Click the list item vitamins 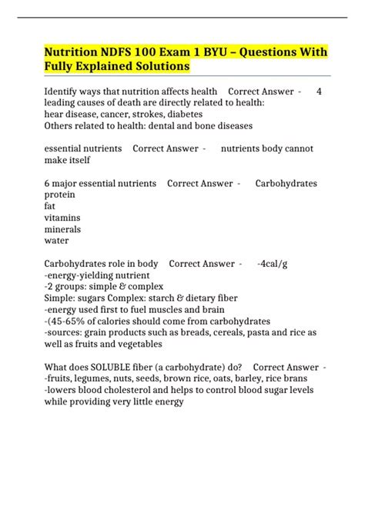point(63,218)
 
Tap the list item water point(58,241)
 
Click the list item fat point(50,206)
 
